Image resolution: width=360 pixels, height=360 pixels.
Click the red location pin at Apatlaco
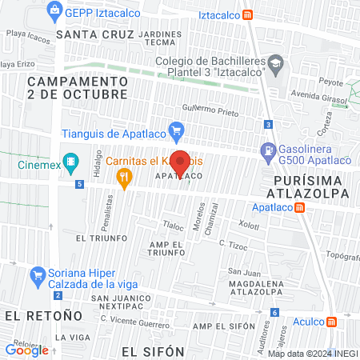(x=181, y=162)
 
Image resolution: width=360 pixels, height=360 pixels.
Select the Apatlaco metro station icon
(x=300, y=207)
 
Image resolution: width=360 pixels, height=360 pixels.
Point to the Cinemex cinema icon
(x=71, y=160)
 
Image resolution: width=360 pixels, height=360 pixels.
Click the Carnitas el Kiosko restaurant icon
(x=124, y=181)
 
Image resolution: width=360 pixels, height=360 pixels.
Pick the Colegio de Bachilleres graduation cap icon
(x=275, y=63)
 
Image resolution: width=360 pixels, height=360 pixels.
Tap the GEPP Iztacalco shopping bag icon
(x=54, y=10)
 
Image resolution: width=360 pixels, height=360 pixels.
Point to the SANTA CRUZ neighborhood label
(x=90, y=35)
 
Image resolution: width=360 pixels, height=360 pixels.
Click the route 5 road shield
(x=79, y=184)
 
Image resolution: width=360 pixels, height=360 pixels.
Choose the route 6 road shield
(x=274, y=312)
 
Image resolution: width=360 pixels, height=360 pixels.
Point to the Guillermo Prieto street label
(x=210, y=110)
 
